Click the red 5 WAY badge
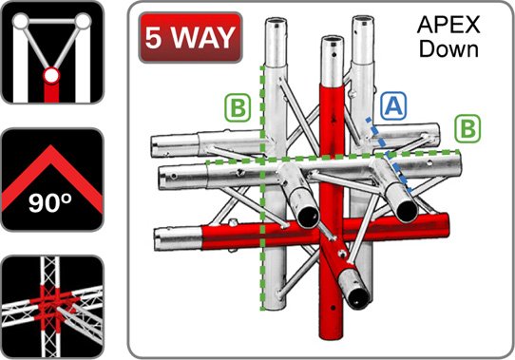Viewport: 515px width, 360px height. click(190, 37)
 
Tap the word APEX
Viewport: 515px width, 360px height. click(448, 25)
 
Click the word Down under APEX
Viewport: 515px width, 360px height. click(448, 49)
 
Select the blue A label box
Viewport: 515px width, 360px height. click(393, 105)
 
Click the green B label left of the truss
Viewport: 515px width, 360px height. click(238, 108)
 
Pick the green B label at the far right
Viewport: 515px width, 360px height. click(467, 128)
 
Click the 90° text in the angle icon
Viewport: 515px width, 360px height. click(50, 203)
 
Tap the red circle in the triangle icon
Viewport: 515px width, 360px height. click(51, 76)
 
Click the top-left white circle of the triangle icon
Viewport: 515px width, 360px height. click(21, 21)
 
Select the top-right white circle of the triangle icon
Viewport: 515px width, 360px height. click(83, 21)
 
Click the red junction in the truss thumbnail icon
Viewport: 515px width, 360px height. click(52, 301)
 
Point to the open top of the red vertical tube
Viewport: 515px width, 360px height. click(333, 41)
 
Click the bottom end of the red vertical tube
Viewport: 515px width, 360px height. click(331, 334)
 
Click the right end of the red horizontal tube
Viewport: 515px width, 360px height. click(444, 225)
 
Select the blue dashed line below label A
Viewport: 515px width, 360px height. click(389, 154)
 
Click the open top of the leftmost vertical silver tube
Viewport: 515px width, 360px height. click(276, 23)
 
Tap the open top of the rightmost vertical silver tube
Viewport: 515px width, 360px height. click(363, 21)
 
